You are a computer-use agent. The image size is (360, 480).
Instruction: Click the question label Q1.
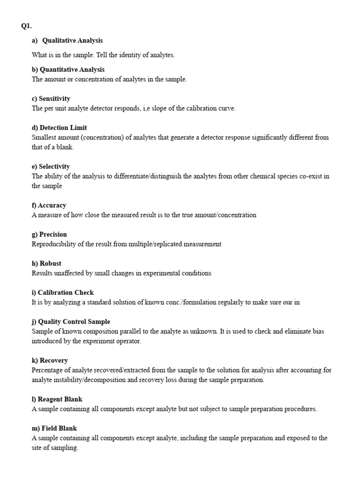click(26, 26)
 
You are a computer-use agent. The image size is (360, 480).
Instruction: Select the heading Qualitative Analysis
click(72, 41)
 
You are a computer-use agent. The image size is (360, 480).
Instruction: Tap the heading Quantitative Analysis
click(68, 70)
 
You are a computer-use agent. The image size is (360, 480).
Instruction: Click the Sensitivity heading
click(51, 99)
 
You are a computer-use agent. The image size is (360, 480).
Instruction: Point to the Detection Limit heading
click(60, 128)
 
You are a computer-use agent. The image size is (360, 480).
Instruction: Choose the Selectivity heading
click(51, 167)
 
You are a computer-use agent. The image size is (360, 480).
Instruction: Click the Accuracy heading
click(49, 205)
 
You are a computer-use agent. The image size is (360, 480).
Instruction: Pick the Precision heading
click(49, 234)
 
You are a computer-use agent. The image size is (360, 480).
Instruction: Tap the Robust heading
click(46, 263)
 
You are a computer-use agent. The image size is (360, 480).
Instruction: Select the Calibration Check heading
click(63, 292)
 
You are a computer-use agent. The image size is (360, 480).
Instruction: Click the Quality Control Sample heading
click(71, 322)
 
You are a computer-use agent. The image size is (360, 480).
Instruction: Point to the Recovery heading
click(50, 360)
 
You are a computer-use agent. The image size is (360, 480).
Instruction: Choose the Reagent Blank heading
click(57, 399)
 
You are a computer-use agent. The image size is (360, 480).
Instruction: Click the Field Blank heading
click(54, 428)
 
